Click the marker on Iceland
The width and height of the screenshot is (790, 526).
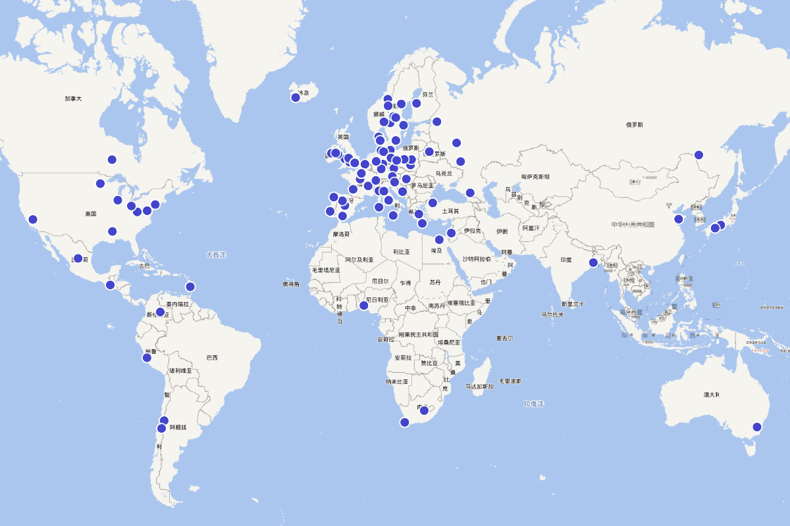[x=296, y=98]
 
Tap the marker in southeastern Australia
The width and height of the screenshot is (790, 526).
[x=757, y=427]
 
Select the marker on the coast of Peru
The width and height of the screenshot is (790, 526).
[x=147, y=358]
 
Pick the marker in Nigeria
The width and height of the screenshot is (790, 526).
[x=363, y=305]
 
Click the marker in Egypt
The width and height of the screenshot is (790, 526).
[x=439, y=239]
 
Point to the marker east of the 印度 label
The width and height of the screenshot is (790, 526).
[x=593, y=262]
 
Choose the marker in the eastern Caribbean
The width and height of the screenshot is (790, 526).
[x=190, y=286]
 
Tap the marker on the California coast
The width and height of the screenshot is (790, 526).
[x=33, y=220]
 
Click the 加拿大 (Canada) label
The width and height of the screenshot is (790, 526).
[x=73, y=99]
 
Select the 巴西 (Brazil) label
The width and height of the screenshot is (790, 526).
[x=211, y=358]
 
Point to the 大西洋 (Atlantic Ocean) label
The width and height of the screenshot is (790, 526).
[x=215, y=254]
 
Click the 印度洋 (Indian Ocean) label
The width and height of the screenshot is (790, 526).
[x=534, y=403]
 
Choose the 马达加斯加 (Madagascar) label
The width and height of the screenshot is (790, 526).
[x=479, y=387]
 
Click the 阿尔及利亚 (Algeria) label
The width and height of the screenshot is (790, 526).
[x=359, y=260]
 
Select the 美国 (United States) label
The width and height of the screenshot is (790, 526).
[x=91, y=214]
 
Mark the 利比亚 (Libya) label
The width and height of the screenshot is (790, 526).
[x=402, y=252]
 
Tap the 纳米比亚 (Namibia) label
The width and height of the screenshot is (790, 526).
[x=397, y=381]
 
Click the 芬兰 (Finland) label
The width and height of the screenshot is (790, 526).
[x=428, y=95]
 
